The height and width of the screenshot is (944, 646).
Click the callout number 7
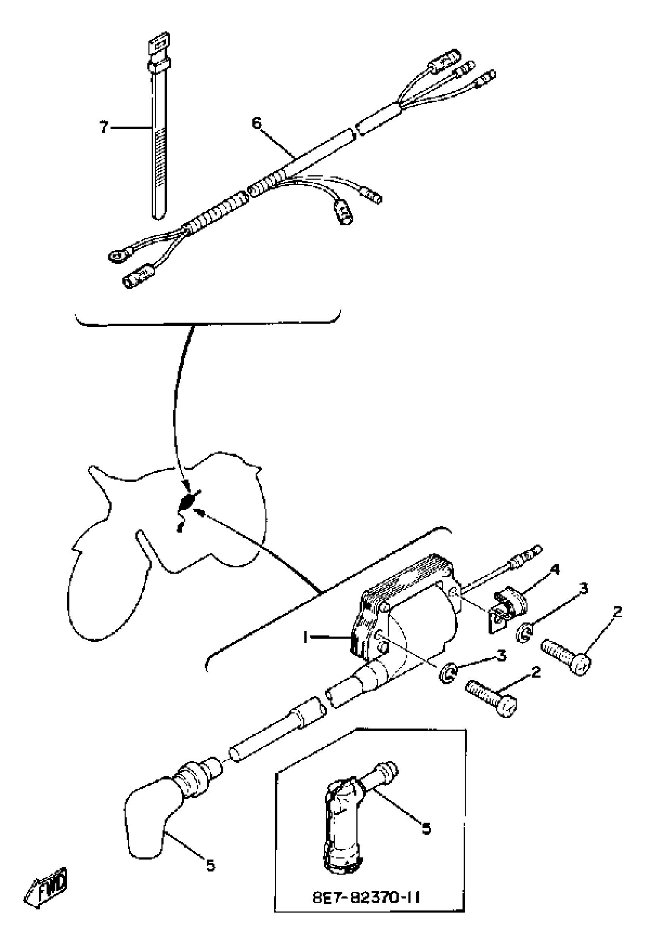104,128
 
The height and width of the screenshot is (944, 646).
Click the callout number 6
257,122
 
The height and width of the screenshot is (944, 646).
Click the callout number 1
304,638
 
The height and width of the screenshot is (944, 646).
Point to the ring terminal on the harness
117,256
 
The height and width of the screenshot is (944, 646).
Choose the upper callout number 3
584,589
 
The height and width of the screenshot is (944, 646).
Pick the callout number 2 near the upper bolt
617,612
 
